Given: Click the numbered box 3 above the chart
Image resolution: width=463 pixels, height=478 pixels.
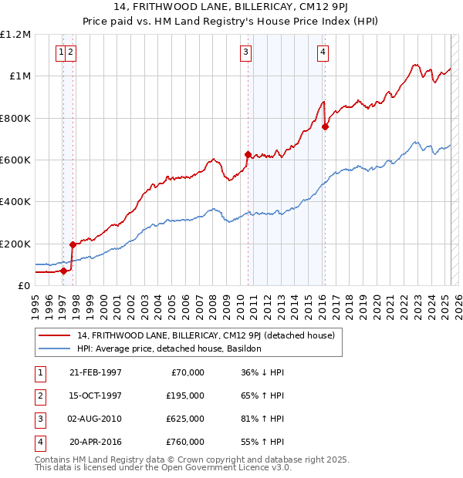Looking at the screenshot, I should pyautogui.click(x=245, y=52).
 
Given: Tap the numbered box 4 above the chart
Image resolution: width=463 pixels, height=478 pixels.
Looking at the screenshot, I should pyautogui.click(x=322, y=52).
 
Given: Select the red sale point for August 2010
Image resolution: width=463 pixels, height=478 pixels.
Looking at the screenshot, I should pyautogui.click(x=248, y=154).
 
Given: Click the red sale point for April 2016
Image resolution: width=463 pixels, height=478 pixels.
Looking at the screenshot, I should pyautogui.click(x=326, y=127).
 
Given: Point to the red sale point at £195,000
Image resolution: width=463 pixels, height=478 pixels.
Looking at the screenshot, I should pyautogui.click(x=73, y=244).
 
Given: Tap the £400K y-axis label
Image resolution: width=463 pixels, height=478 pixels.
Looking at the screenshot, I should pyautogui.click(x=15, y=202).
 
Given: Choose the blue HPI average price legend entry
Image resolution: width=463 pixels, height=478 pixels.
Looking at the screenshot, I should pyautogui.click(x=169, y=348).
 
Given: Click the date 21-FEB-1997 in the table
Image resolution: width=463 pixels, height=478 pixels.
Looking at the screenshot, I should pyautogui.click(x=95, y=372).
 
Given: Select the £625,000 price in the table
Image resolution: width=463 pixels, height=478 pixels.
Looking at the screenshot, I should pyautogui.click(x=185, y=419).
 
